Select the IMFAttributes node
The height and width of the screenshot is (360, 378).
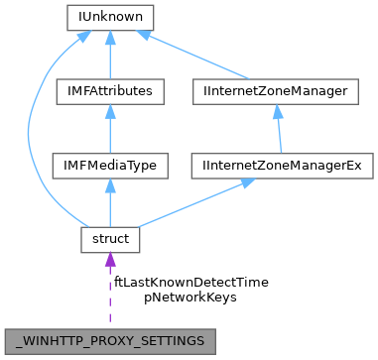107,91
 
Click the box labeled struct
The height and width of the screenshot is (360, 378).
107,239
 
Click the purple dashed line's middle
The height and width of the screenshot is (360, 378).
107,294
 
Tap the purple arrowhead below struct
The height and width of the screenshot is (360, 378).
107,261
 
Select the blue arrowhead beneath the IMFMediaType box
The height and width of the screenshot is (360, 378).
107,184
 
